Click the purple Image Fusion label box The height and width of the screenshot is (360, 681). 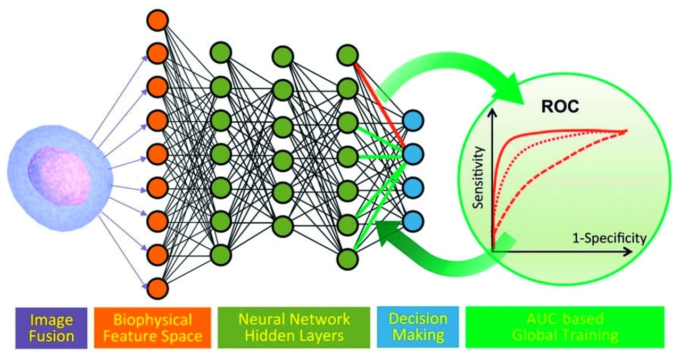(x=51, y=327)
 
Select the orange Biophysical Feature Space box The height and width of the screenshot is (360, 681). (x=153, y=327)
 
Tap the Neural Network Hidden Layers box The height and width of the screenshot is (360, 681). (x=294, y=327)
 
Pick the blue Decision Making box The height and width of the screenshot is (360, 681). (x=418, y=327)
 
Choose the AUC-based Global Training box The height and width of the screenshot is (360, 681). (x=564, y=327)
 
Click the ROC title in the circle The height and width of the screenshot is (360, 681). (x=560, y=106)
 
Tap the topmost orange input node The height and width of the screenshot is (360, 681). (x=157, y=20)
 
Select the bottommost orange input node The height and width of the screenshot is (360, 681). (x=157, y=289)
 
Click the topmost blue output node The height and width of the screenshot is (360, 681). (x=413, y=121)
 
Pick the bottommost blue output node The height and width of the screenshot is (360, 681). (x=413, y=220)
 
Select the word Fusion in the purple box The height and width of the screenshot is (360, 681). (x=51, y=336)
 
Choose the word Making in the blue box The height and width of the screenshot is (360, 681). (x=418, y=336)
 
